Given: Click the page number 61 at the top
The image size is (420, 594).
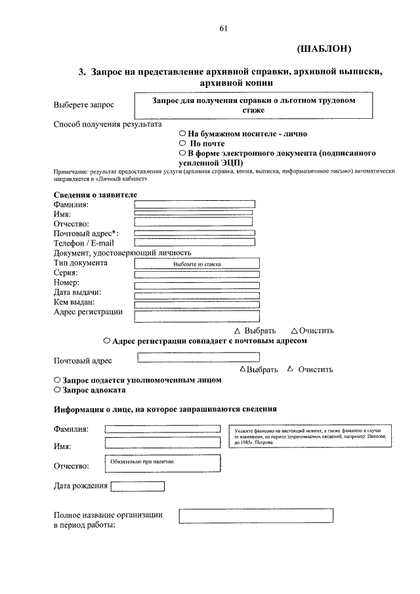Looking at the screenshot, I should tap(222, 28).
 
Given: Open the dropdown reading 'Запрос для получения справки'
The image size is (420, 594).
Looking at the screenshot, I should tap(253, 106).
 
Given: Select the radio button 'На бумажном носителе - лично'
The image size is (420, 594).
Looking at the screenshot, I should tap(183, 133).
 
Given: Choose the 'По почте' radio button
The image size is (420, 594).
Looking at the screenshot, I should tap(183, 143).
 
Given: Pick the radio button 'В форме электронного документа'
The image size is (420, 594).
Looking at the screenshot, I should tap(183, 153).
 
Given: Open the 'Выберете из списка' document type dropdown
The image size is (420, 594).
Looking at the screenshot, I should tap(196, 264).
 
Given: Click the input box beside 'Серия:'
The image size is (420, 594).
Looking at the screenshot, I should tap(196, 274).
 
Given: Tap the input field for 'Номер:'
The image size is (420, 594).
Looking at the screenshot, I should tap(196, 285).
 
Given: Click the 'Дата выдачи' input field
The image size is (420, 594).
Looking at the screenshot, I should tap(196, 295).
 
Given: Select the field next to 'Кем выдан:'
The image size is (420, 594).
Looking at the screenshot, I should tap(196, 305).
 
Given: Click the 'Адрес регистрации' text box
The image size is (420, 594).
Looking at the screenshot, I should tap(196, 316).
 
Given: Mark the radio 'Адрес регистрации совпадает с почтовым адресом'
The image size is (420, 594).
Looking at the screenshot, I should tap(106, 341).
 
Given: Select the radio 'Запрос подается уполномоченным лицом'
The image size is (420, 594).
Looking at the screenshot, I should tap(57, 380).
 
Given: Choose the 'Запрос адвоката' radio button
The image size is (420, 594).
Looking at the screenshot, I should tap(57, 390).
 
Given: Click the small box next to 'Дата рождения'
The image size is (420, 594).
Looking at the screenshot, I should tap(138, 486).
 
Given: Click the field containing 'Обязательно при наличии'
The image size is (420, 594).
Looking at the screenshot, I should tap(162, 463).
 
